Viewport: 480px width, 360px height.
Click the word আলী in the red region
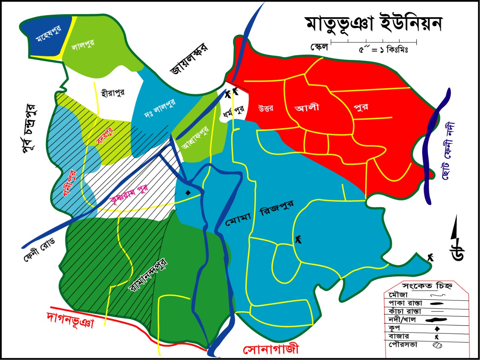point(307,108)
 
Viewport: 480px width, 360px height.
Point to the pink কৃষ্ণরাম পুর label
point(129,194)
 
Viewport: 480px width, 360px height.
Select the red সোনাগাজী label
point(271,350)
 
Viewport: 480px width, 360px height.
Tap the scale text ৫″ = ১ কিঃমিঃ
point(383,49)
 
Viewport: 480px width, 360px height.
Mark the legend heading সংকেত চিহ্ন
point(427,286)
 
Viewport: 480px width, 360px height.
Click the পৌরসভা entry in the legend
point(403,344)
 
